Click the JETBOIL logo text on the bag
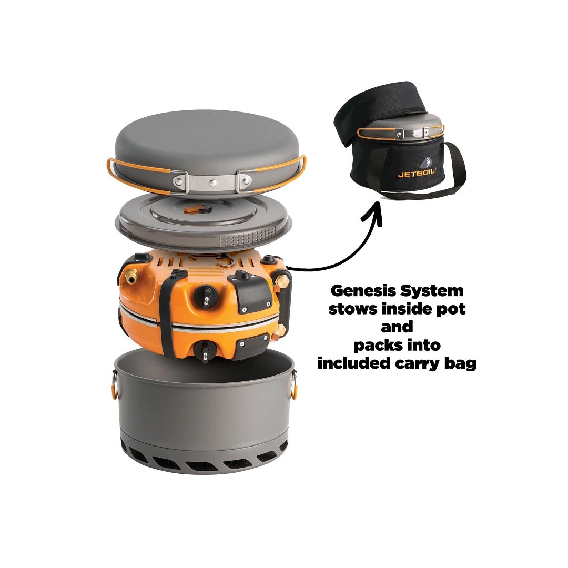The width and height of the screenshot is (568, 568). [x=417, y=173]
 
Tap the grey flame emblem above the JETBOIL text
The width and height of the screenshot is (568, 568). [x=427, y=163]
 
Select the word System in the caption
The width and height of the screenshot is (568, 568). [x=431, y=291]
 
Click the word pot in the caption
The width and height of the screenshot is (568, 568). [x=451, y=310]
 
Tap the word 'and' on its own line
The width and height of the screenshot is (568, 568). [x=397, y=327]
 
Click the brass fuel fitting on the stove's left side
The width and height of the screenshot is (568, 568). [x=131, y=277]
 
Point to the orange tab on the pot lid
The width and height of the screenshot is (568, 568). [x=192, y=209]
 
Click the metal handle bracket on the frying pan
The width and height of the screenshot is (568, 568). [x=212, y=182]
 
